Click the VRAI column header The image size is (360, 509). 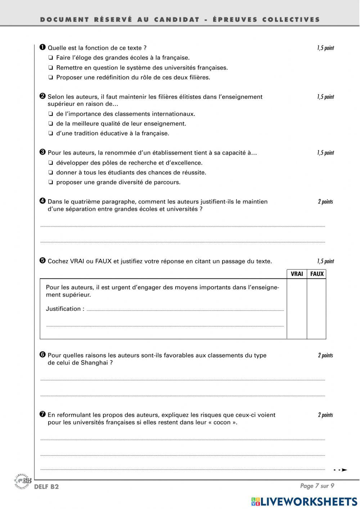pos(297,274)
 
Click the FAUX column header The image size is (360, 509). pos(317,274)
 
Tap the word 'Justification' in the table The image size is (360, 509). pos(63,309)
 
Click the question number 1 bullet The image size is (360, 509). pos(42,47)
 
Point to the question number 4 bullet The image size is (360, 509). pos(42,201)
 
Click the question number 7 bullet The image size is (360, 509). pos(42,414)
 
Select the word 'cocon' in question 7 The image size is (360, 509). pos(222,423)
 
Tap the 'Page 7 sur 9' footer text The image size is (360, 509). pos(317,486)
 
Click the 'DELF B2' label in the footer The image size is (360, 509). pos(46,487)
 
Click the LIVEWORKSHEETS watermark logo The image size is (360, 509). pos(304,501)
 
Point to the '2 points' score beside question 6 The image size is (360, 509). pos(325,356)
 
